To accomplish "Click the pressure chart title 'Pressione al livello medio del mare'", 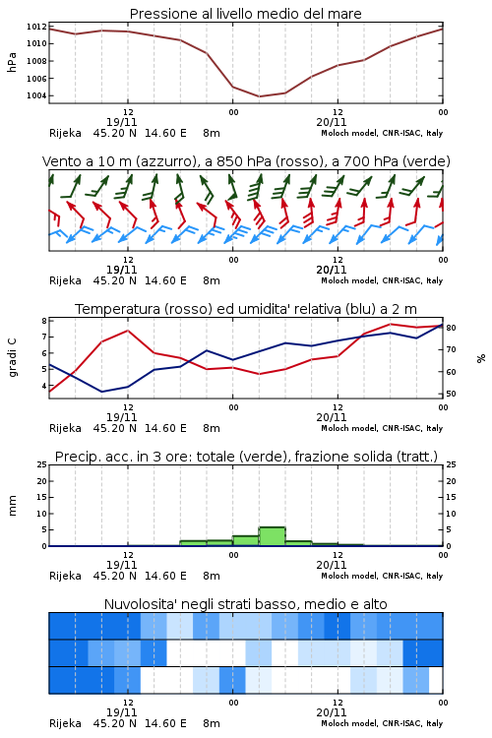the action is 245,14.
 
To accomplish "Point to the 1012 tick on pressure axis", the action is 36,27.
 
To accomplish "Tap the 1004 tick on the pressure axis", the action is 36,95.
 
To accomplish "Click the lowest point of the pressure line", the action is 259,96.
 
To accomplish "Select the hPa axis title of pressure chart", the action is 12,62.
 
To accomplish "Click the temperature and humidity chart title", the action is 246,309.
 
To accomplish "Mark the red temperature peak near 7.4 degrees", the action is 128,331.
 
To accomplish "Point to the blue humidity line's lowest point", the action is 101,392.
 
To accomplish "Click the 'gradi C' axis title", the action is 12,357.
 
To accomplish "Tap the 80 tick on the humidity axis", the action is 451,328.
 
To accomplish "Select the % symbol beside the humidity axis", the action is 481,358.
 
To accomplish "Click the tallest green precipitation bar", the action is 273,536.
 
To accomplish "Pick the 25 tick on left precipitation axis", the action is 42,464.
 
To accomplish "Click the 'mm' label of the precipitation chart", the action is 12,506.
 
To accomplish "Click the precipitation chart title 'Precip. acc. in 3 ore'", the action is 246,457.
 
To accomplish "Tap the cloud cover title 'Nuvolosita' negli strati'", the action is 245,604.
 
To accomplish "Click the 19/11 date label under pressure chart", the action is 121,122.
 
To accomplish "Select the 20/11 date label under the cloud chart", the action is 331,712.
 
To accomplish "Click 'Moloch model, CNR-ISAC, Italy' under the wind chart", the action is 382,280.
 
